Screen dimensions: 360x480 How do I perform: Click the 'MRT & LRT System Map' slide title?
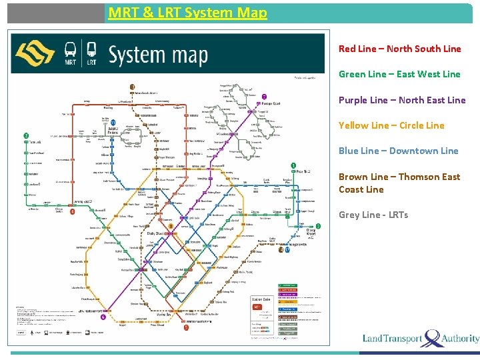pyautogui.click(x=187, y=12)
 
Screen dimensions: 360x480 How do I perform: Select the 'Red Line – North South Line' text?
pyautogui.click(x=399, y=49)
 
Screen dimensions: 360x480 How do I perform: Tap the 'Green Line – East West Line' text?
pyautogui.click(x=399, y=74)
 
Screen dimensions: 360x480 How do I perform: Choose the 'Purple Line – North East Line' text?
pyautogui.click(x=402, y=100)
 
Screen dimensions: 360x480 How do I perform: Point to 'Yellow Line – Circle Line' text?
pyautogui.click(x=391, y=125)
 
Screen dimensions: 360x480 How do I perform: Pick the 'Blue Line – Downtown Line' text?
pyautogui.click(x=398, y=151)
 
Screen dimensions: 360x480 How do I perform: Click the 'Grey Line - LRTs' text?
pyautogui.click(x=373, y=215)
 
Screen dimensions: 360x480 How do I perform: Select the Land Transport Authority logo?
pyautogui.click(x=421, y=338)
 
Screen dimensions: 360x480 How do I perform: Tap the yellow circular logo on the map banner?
pyautogui.click(x=35, y=53)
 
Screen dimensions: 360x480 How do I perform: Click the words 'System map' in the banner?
pyautogui.click(x=158, y=55)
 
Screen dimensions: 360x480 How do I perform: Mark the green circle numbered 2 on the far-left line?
pyautogui.click(x=26, y=135)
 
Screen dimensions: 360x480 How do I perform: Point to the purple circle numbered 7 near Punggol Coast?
pyautogui.click(x=264, y=97)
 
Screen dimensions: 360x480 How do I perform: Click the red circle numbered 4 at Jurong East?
pyautogui.click(x=73, y=211)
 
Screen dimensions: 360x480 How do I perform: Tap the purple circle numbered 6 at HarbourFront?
pyautogui.click(x=103, y=317)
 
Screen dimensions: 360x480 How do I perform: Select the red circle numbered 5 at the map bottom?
pyautogui.click(x=186, y=327)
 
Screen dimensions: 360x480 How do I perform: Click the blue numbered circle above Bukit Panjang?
pyautogui.click(x=114, y=122)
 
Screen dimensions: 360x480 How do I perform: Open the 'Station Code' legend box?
pyautogui.click(x=262, y=300)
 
